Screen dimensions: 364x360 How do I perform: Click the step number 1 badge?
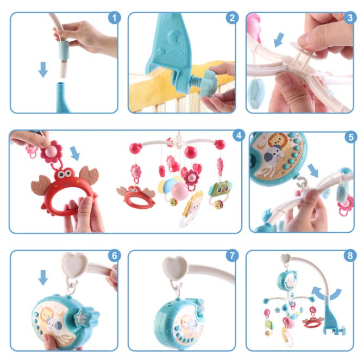(x=115, y=17)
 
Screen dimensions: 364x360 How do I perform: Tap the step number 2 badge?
(x=232, y=17)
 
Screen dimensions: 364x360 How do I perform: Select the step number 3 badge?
(x=350, y=17)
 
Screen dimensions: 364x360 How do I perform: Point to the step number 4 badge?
(x=239, y=135)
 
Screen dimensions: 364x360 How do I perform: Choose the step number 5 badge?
(x=351, y=137)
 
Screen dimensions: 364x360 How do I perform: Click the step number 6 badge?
(x=115, y=256)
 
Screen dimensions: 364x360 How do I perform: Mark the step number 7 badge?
(x=232, y=256)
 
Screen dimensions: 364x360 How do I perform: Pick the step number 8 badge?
(x=350, y=256)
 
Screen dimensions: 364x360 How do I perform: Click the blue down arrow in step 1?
(x=43, y=69)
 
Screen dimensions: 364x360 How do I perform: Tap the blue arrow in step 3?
(x=279, y=40)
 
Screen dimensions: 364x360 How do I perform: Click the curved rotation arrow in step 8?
(x=327, y=294)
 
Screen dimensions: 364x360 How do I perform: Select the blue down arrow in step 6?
(x=43, y=277)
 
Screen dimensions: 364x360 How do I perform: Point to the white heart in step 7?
(x=175, y=268)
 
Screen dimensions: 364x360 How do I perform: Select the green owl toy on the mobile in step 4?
(x=221, y=189)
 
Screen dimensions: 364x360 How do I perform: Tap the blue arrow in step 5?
(x=313, y=170)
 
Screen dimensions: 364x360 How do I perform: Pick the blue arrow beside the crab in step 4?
(x=75, y=153)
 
